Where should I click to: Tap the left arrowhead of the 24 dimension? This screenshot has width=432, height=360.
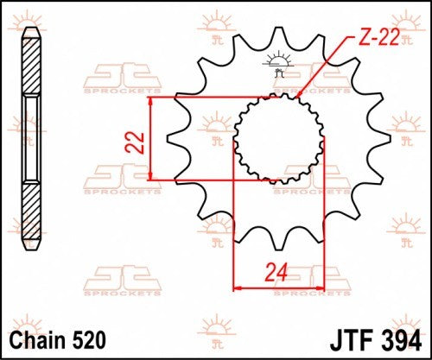[238, 288]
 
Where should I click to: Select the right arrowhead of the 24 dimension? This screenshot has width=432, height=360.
[320, 288]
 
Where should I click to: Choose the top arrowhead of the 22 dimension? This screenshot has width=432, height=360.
[151, 101]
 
